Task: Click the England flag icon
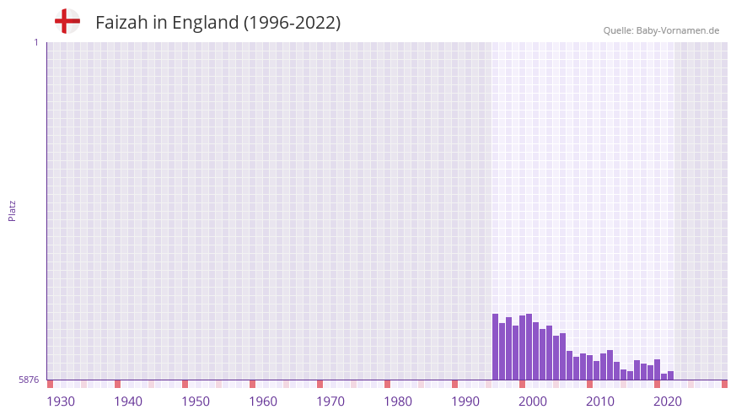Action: click(x=67, y=21)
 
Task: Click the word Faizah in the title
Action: click(x=121, y=23)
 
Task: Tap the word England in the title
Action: click(x=205, y=23)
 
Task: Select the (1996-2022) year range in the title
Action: click(x=293, y=23)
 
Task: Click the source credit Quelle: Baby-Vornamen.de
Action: click(x=661, y=30)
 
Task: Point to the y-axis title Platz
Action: click(x=12, y=210)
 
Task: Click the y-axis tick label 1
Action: click(x=35, y=42)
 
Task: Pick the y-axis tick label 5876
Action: click(x=29, y=380)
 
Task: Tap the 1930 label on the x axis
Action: click(x=61, y=402)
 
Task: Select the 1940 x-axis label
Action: click(x=128, y=402)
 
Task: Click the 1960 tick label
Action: click(x=263, y=402)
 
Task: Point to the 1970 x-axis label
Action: click(x=330, y=402)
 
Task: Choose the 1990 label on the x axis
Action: click(x=465, y=402)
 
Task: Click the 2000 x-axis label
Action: click(x=533, y=402)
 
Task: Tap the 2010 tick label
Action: click(x=600, y=402)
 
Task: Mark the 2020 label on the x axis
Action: click(x=668, y=402)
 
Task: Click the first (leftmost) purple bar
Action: click(x=496, y=347)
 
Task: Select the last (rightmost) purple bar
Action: click(x=670, y=375)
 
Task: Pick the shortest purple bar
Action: click(x=663, y=377)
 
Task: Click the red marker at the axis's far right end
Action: click(x=724, y=384)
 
